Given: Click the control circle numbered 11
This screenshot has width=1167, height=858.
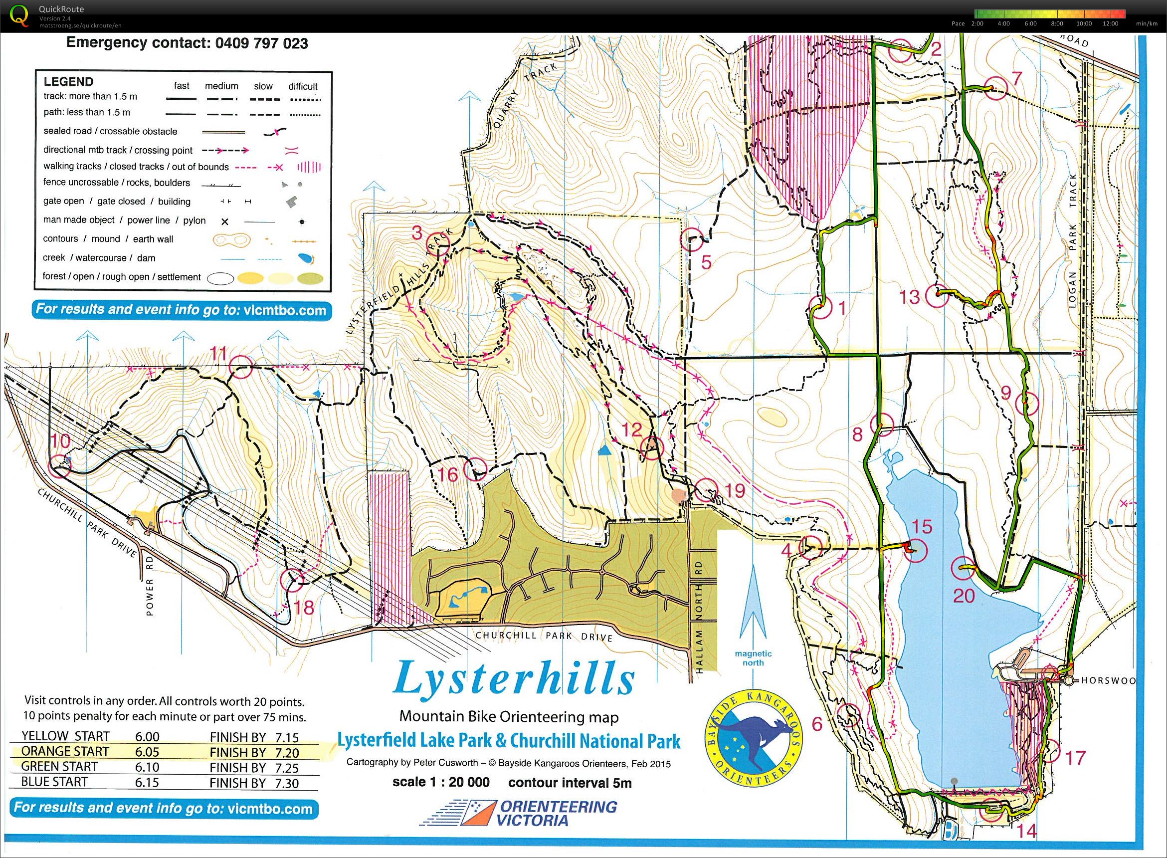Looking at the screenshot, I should pos(241,367).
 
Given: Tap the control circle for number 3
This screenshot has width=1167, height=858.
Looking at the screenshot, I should pos(437,244).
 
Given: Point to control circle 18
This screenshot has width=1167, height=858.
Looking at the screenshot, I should pos(292,580).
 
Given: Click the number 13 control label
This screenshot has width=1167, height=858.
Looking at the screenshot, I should pos(909,297).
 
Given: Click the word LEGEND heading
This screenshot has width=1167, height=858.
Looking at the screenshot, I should pos(68,81).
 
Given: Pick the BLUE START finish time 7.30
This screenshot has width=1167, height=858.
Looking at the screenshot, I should pos(280,783).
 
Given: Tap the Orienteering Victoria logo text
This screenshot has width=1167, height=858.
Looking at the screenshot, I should pos(557,814).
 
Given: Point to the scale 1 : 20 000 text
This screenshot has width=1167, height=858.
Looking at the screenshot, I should pos(441,782).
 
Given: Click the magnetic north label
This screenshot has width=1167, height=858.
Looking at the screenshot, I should pos(753,658).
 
